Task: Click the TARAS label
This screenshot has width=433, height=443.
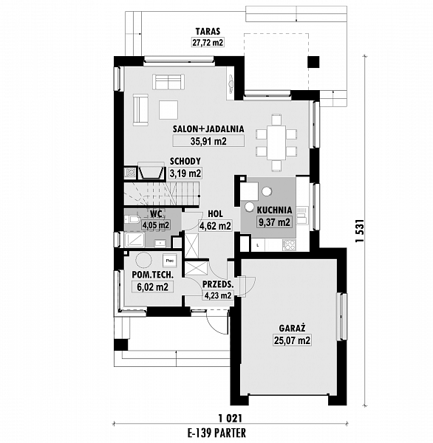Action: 208,31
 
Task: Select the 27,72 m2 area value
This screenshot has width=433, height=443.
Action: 208,42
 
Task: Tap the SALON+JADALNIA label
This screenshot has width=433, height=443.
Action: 208,128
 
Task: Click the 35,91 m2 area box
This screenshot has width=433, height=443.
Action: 208,141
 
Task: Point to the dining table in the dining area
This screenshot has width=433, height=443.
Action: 276,142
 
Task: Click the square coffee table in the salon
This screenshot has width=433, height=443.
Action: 168,110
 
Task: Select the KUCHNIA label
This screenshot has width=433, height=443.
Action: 274,210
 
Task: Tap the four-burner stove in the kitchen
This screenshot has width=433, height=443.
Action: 289,244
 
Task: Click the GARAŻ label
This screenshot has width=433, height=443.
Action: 292,328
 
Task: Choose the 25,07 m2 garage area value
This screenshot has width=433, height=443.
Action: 292,340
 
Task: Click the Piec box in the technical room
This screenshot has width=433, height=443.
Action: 170,261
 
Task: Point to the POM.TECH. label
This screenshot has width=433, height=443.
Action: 153,275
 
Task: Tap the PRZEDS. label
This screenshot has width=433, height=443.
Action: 218,284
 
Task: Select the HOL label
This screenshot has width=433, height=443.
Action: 215,214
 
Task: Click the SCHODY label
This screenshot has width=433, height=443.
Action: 185,161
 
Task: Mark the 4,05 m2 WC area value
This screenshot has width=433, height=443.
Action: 156,225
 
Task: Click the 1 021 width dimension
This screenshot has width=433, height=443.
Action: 231,418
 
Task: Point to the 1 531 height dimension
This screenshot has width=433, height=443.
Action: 359,230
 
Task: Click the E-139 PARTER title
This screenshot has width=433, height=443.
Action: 216,433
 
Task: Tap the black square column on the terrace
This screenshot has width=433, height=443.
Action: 313,62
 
